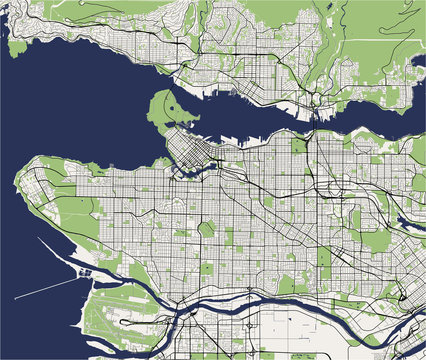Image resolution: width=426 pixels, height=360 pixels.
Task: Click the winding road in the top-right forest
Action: click(380, 40)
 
